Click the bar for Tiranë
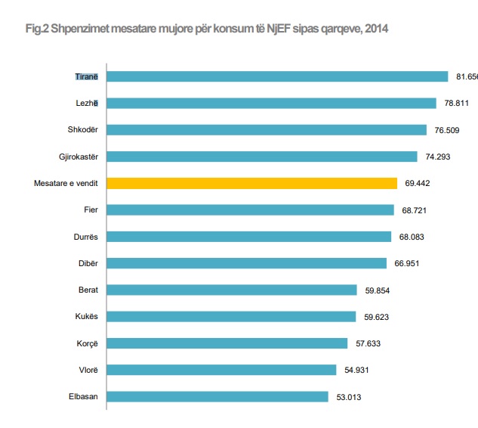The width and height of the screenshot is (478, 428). point(278,76)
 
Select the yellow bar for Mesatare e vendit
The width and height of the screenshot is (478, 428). point(251,183)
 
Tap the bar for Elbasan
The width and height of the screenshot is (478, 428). point(217,396)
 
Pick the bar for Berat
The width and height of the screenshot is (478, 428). point(231,290)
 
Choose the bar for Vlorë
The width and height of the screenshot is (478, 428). point(221,370)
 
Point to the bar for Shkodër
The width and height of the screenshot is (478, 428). point(267,129)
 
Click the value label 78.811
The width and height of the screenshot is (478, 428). point(456,104)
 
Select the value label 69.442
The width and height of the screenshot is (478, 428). point(418,183)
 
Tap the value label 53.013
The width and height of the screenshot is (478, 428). point(348,396)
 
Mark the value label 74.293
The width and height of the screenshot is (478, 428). point(437,157)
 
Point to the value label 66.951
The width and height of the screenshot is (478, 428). point(407,263)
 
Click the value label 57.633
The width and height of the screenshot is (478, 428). point(368,343)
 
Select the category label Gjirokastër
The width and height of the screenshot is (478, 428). point(77,157)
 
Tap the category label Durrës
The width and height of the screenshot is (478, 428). point(84,237)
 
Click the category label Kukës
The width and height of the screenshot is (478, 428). point(85,316)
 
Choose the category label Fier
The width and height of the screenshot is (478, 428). point(91,209)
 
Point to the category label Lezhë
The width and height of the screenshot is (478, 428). point(86,103)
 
